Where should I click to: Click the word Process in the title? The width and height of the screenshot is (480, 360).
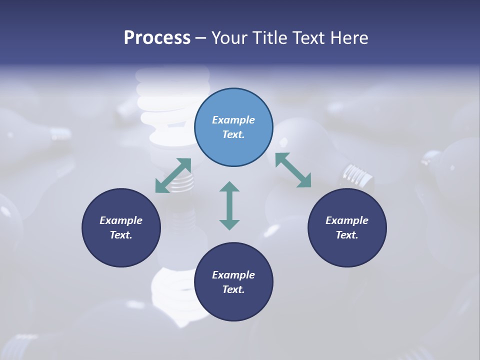tap(157, 38)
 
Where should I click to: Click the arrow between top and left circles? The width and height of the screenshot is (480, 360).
tap(173, 175)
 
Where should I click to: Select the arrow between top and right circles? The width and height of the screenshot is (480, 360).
tap(293, 170)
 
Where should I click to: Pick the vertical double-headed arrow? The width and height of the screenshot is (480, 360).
tap(229, 205)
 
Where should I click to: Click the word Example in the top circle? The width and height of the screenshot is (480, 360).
tap(233, 120)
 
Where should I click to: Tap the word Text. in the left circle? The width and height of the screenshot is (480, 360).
tap(121, 235)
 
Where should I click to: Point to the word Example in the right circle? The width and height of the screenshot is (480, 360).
tap(347, 220)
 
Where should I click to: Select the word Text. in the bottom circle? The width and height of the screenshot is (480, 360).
tap(233, 289)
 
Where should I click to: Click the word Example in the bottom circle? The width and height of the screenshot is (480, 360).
tap(233, 275)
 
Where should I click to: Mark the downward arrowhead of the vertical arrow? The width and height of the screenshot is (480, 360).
tap(229, 223)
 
